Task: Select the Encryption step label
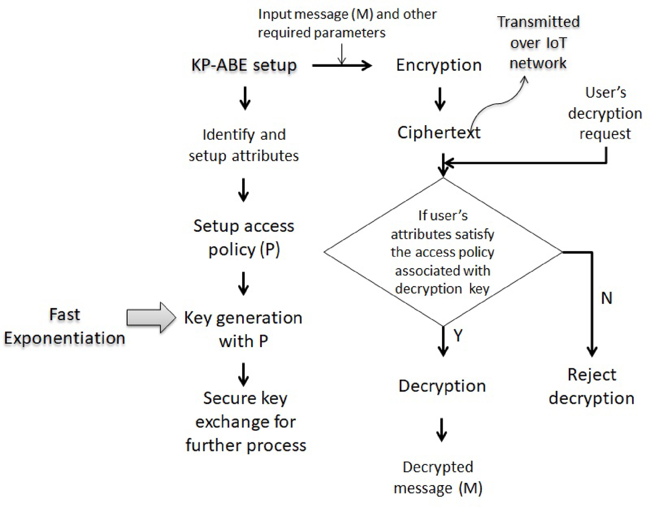pos(439,65)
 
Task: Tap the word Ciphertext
pos(439,133)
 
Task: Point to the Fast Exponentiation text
pos(64,326)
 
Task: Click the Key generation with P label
pos(243,329)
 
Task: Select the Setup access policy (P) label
pos(244,238)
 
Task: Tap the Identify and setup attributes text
pos(244,145)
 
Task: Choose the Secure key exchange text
pos(246,422)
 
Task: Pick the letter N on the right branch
pos(606,298)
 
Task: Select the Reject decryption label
pos(591,386)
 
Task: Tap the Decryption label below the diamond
pos(442,386)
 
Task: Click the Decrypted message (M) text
pos(438,478)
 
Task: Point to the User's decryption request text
pos(605,113)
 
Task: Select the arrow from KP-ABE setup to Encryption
pos(342,66)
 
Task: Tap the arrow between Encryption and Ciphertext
pos(440,99)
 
